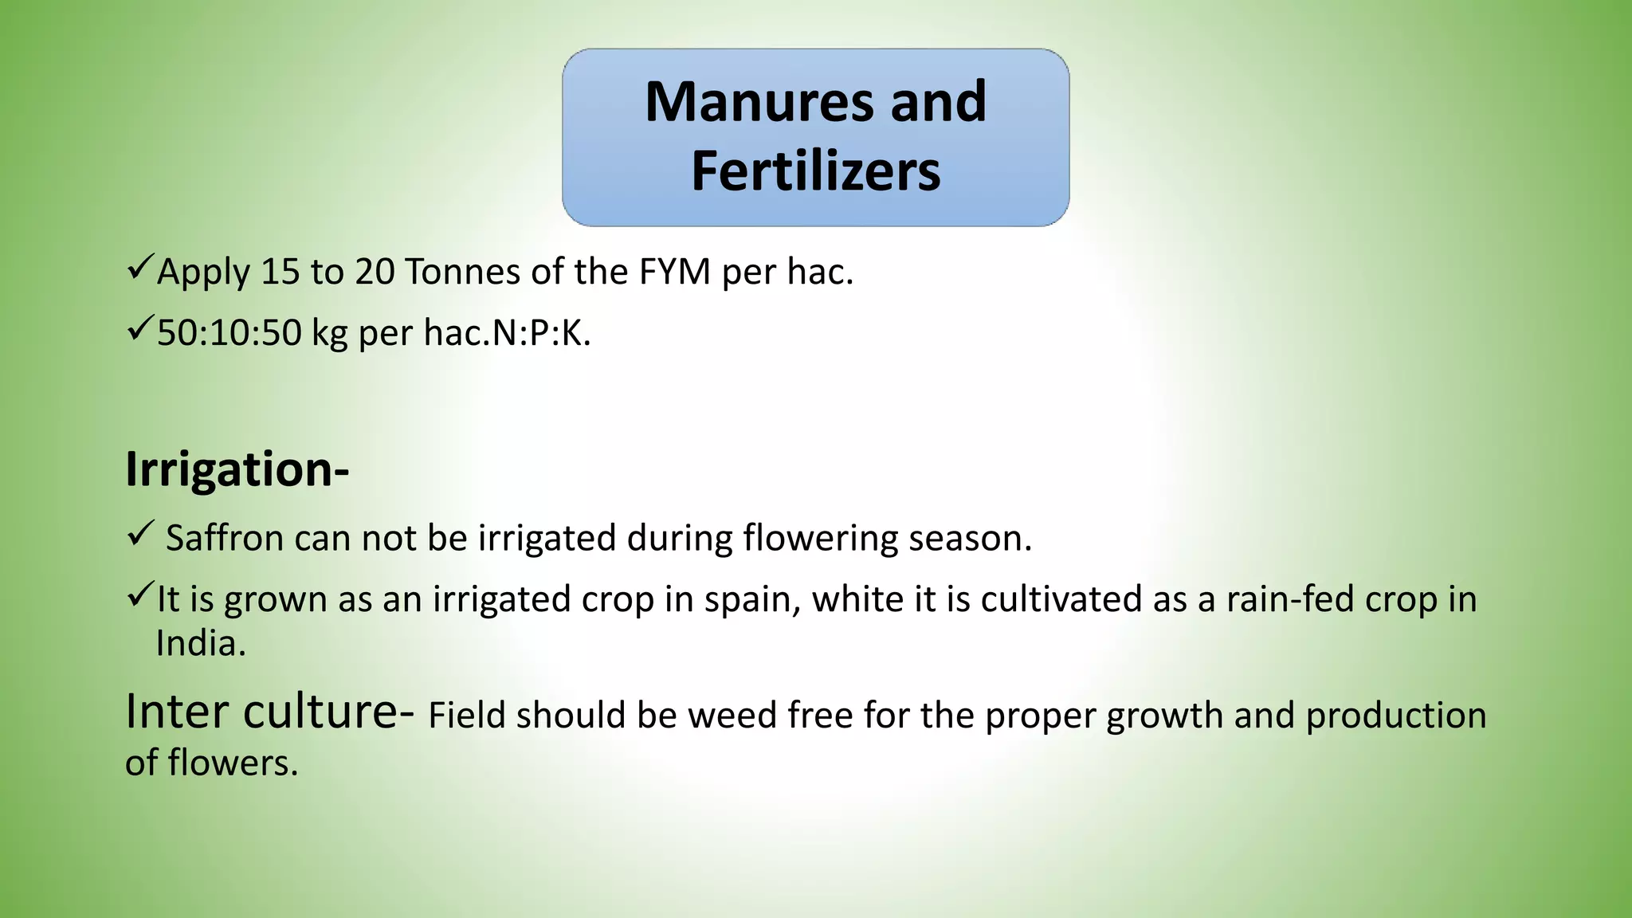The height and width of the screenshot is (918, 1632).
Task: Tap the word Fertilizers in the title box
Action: coord(815,171)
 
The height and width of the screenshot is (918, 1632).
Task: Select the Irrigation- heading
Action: coord(237,469)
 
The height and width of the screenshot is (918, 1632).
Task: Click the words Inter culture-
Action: coord(269,712)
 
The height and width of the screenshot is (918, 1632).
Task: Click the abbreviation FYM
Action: coord(674,273)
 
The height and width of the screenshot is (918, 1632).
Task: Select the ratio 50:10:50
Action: coord(229,333)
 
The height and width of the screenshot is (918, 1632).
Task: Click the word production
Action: coord(1396,716)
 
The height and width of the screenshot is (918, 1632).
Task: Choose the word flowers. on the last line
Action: coord(233,763)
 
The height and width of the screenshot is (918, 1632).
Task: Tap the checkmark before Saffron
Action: coord(139,533)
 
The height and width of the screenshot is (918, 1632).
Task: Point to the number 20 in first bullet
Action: coord(375,273)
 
